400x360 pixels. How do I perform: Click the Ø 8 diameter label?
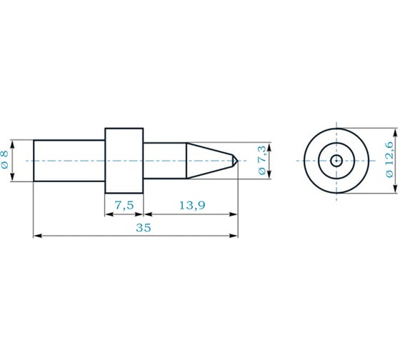[x=5, y=159]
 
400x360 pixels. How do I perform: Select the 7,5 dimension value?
[x=124, y=205]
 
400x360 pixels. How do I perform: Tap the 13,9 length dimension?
[x=192, y=205]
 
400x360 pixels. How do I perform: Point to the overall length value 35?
[x=144, y=227]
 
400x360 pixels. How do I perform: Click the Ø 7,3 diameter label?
[x=262, y=160]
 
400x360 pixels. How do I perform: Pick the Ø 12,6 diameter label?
[x=389, y=160]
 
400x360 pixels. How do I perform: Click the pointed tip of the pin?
[x=237, y=161]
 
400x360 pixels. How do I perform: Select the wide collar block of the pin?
[x=124, y=161]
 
